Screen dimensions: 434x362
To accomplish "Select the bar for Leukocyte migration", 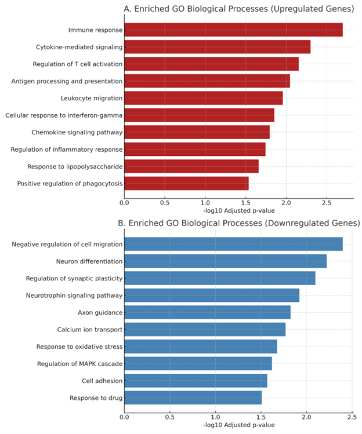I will [x=203, y=98].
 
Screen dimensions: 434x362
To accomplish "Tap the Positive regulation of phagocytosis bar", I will [x=186, y=184].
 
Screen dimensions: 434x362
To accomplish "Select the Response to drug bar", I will [x=193, y=398].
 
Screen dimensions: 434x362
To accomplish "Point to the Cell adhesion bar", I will [x=196, y=381].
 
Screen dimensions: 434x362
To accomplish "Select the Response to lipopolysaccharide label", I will [x=75, y=167].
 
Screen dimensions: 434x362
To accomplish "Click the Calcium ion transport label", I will [x=89, y=330].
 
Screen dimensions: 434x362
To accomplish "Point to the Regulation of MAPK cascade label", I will [x=79, y=364].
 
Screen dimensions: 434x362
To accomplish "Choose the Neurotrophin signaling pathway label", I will [x=74, y=296].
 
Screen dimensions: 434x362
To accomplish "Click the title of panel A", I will [x=238, y=9].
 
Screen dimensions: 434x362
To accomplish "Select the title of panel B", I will [x=238, y=223].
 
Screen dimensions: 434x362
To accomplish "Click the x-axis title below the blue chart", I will [x=238, y=425].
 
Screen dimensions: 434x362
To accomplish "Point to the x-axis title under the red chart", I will [x=238, y=210].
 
